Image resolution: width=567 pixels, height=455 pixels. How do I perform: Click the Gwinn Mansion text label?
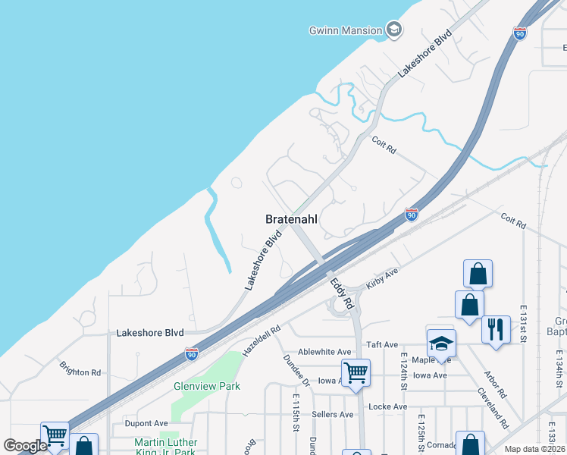coord(346,30)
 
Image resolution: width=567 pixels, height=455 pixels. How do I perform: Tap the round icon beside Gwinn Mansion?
coord(393,30)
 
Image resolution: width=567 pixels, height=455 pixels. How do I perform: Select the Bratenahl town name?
coord(291,218)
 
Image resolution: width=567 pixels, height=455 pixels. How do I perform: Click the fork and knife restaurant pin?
coord(496,329)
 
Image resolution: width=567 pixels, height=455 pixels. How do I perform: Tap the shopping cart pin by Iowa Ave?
coord(356,372)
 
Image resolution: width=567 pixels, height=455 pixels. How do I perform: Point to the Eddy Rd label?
coord(342,291)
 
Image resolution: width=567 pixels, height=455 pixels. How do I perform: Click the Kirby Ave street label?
coord(382,277)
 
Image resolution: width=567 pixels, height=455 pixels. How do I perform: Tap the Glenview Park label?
coord(207,386)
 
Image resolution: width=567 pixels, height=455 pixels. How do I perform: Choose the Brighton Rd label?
coord(80,369)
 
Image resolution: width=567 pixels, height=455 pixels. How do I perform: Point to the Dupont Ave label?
coord(146,423)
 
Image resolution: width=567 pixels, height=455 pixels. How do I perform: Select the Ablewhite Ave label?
coord(324,352)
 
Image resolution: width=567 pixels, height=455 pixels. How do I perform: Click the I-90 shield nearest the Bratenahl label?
coord(411,215)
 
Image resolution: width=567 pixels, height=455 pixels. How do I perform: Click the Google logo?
coord(25,446)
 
